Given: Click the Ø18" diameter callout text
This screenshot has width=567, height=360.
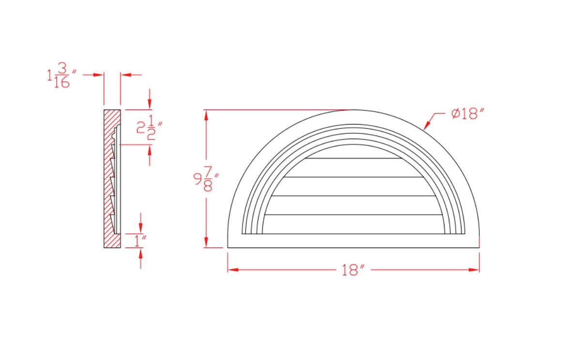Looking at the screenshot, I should [x=467, y=114].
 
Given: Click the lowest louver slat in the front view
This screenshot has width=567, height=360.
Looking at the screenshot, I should [x=353, y=224].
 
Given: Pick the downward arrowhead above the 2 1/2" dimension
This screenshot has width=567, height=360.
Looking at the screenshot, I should [x=150, y=104].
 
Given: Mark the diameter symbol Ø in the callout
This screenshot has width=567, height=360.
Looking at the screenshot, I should [x=456, y=114].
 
